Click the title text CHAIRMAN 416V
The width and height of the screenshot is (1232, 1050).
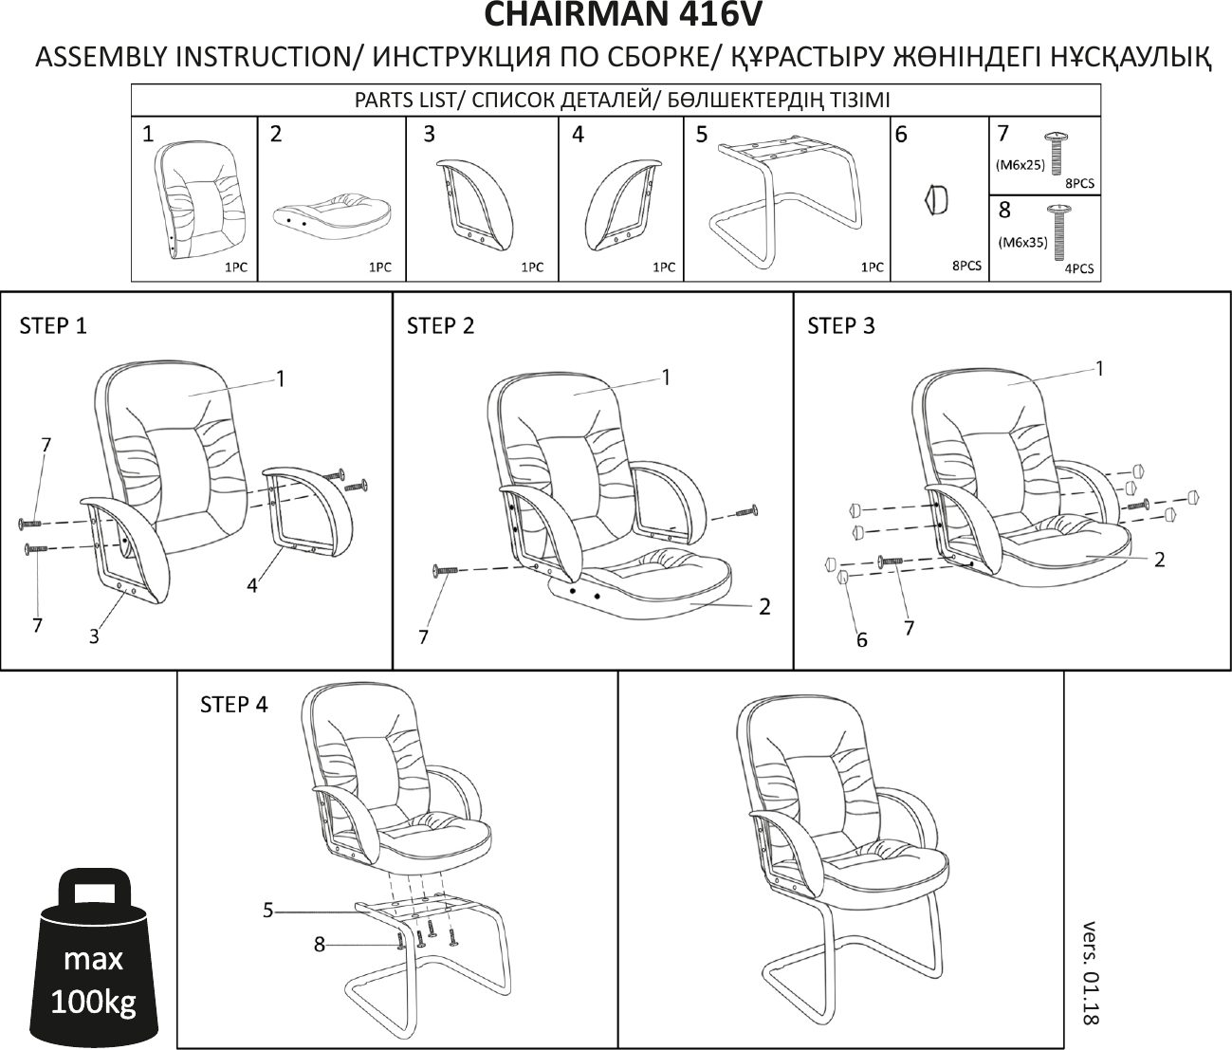622,16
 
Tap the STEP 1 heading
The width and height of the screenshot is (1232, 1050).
53,326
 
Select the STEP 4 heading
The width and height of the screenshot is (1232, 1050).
233,705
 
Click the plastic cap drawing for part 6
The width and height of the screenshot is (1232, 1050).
936,200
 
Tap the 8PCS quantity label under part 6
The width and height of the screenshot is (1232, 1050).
966,267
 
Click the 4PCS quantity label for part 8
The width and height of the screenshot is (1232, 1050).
1079,268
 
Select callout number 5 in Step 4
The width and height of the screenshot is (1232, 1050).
268,911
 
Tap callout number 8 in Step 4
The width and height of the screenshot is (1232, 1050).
320,944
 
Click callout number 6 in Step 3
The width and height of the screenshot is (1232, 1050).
861,640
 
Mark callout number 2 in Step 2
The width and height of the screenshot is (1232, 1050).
764,606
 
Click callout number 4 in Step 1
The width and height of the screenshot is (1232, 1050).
251,586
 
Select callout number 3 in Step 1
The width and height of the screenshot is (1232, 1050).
94,636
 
